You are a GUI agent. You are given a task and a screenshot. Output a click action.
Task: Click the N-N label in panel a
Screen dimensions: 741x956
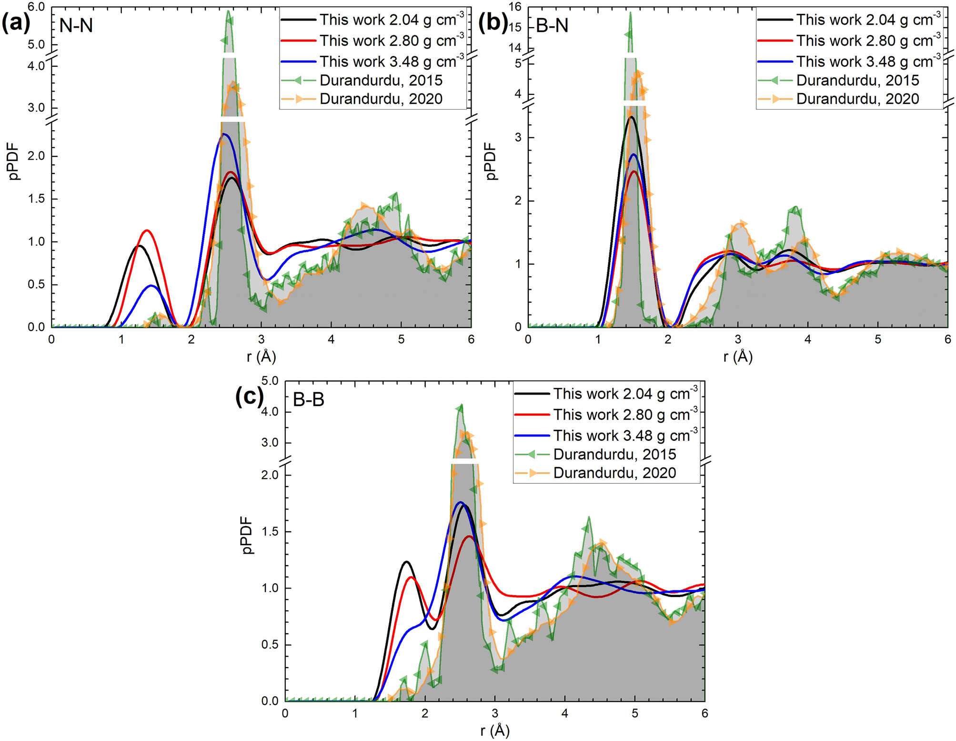(76, 25)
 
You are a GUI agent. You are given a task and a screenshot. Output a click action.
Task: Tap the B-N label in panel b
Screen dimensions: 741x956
(552, 25)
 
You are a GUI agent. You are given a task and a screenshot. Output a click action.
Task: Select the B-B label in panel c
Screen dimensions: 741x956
(308, 399)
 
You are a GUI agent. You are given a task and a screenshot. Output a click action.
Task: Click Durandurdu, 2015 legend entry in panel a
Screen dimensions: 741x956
(381, 80)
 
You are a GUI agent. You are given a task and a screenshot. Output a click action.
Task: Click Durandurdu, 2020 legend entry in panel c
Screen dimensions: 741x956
(614, 473)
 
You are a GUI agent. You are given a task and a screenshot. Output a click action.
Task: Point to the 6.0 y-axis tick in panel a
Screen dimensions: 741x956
(36, 7)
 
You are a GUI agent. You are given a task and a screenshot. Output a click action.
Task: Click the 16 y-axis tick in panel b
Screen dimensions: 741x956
(515, 7)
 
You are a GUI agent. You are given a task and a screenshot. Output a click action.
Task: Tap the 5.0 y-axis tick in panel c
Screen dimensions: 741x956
(270, 381)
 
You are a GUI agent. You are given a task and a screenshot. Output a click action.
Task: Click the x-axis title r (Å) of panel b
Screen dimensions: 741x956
(737, 356)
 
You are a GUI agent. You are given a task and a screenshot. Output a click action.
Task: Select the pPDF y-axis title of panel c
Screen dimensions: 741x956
(247, 536)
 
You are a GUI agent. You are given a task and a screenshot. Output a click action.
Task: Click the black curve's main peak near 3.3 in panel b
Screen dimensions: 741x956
(631, 117)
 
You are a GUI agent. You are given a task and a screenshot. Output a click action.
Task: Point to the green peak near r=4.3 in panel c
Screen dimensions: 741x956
(589, 518)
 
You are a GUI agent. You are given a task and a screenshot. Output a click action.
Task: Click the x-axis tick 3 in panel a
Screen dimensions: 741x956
(261, 339)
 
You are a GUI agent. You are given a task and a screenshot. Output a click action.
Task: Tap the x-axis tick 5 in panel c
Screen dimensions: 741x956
(634, 713)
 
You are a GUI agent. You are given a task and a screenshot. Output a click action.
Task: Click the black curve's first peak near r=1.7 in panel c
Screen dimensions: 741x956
(406, 562)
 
